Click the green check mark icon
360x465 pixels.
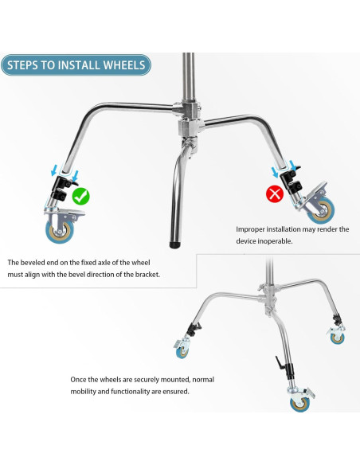coord(80,197)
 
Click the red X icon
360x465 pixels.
coord(275,194)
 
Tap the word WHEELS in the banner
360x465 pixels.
coord(124,65)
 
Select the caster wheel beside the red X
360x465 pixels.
coord(322,210)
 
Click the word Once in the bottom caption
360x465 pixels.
coord(78,380)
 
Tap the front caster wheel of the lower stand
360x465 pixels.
coord(300,404)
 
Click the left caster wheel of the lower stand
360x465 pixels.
coord(182,351)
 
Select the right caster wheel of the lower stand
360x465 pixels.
coord(338,338)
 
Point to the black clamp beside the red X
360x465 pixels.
coord(291,181)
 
